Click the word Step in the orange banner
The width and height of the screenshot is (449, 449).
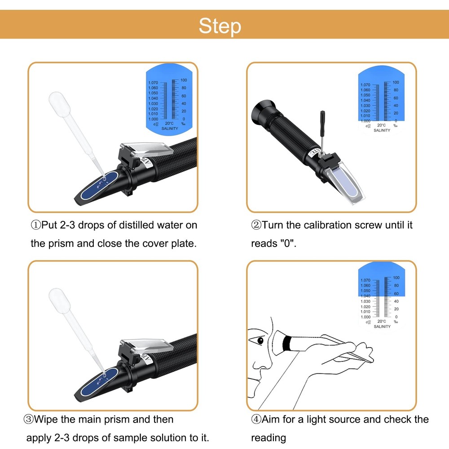(x=220, y=26)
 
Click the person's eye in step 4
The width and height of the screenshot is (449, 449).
(x=259, y=340)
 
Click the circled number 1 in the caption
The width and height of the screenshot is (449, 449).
(x=35, y=225)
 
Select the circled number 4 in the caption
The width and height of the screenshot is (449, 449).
(x=256, y=419)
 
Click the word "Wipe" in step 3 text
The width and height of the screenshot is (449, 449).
(x=50, y=419)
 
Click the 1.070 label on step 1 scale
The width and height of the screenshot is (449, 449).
(x=153, y=83)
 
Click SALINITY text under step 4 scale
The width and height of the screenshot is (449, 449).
(x=382, y=326)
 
